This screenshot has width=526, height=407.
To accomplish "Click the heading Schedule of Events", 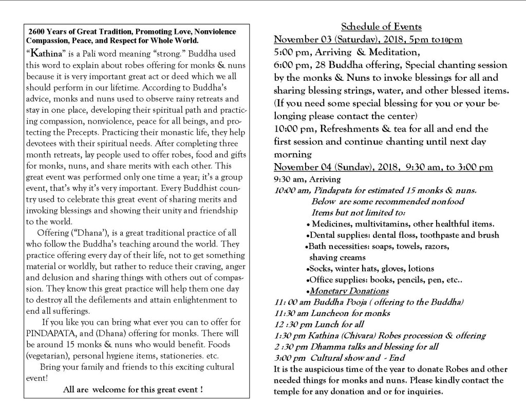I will tap(381, 27).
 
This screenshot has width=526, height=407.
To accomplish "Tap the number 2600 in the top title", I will tap(39, 31).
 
